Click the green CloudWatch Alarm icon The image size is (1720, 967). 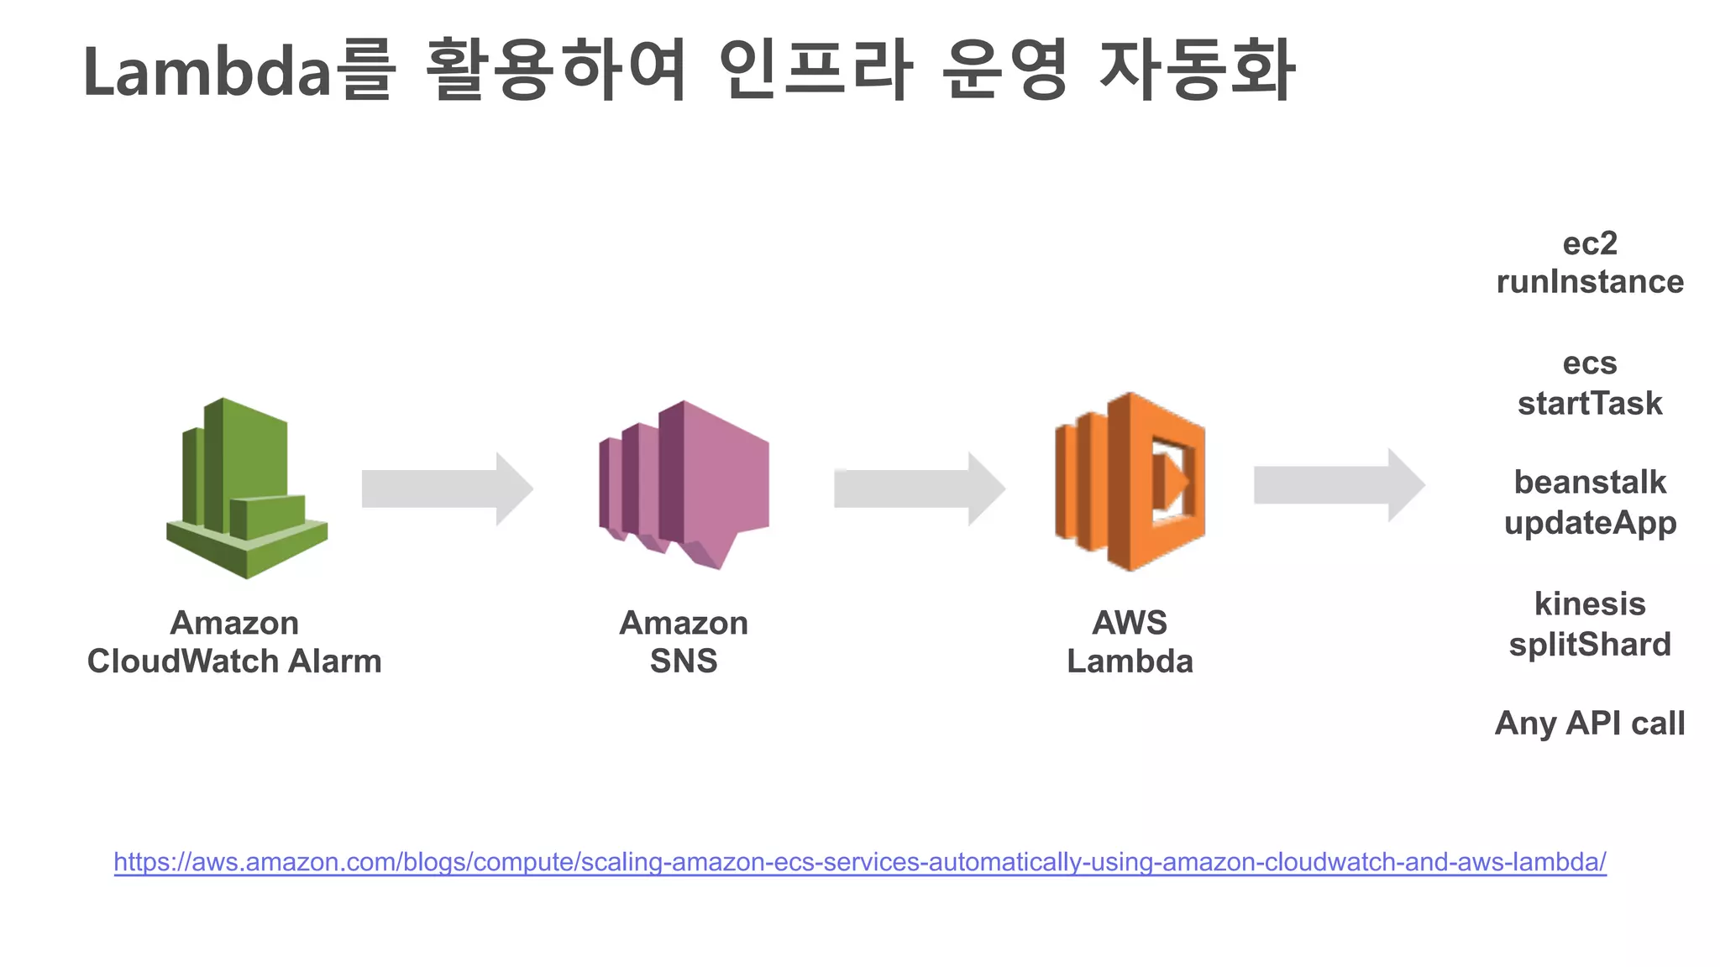[245, 489]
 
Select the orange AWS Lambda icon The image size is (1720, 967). [1130, 482]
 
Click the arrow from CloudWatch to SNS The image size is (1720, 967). [447, 489]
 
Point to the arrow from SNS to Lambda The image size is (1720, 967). [919, 489]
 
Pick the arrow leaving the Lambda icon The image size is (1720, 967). [1339, 485]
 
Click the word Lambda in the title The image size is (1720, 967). [208, 72]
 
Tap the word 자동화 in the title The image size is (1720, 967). [1198, 71]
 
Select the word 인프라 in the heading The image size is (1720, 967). [815, 71]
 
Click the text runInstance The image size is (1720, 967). [1590, 282]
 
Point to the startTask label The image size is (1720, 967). [1590, 404]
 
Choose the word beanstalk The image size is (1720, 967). [1590, 483]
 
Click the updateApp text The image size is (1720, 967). [1590, 523]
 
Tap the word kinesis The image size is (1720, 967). [1590, 604]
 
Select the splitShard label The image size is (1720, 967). [1590, 645]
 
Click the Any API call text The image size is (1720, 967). [1590, 723]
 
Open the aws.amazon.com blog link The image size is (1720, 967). [860, 862]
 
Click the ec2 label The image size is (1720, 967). [1590, 243]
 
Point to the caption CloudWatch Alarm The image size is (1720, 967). [234, 661]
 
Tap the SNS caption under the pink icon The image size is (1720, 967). [684, 661]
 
